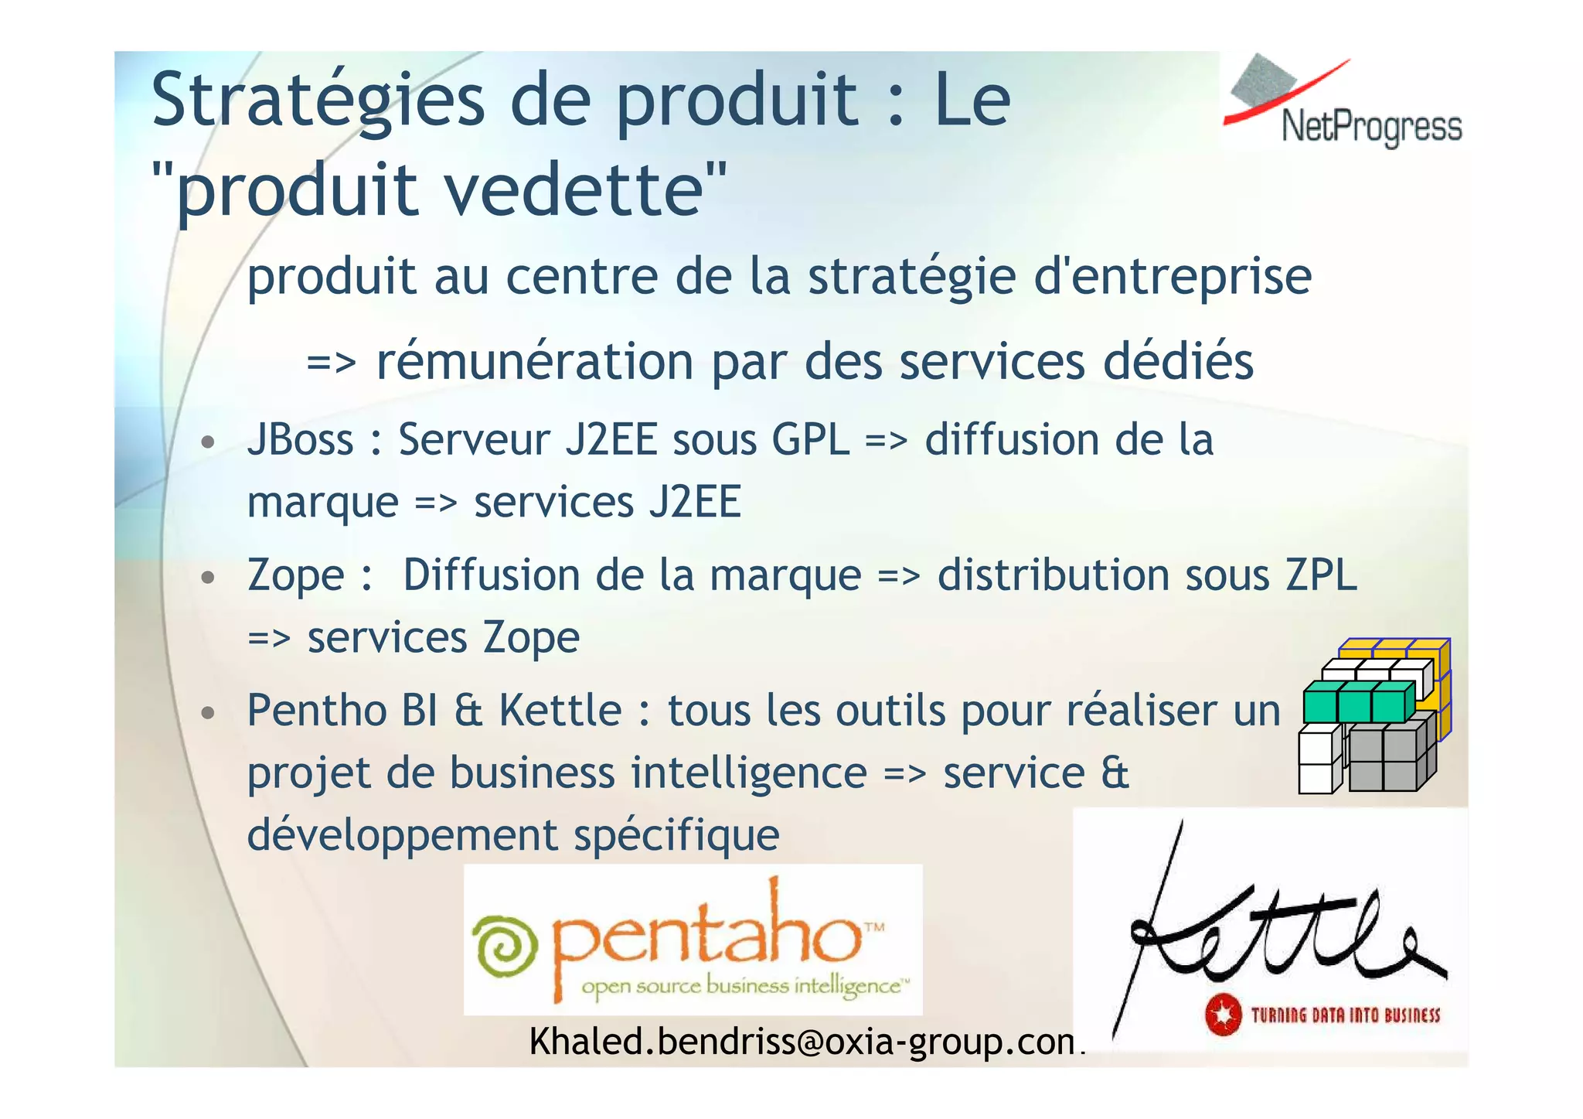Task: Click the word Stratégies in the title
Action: click(317, 101)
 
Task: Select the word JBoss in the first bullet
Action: click(300, 440)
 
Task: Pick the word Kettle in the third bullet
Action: click(560, 710)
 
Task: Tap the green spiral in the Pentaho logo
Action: click(505, 947)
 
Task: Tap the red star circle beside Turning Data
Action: click(1223, 1015)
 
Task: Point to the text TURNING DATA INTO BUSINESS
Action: click(1346, 1015)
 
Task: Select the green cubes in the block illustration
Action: click(1357, 702)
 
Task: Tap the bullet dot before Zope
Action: click(207, 578)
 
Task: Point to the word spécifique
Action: click(676, 835)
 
